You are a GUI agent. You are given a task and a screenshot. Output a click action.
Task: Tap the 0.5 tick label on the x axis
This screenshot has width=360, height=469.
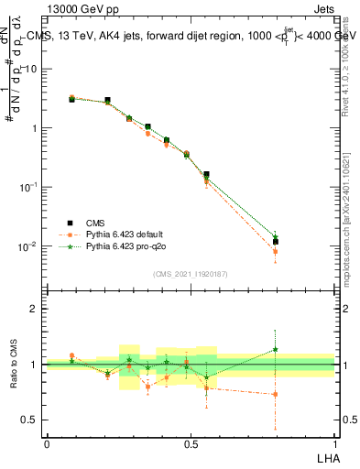pyautogui.click(x=191, y=443)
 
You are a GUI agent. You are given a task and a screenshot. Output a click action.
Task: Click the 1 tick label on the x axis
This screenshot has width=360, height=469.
pyautogui.click(x=334, y=443)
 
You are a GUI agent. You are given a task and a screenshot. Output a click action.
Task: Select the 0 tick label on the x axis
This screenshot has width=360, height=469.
pyautogui.click(x=47, y=443)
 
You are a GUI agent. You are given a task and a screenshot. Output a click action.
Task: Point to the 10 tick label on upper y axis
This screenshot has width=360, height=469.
pyautogui.click(x=31, y=69)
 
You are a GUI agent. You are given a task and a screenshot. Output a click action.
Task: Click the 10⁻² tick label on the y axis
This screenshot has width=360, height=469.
pyautogui.click(x=29, y=245)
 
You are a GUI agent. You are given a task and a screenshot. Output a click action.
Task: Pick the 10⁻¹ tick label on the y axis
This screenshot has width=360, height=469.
pyautogui.click(x=29, y=186)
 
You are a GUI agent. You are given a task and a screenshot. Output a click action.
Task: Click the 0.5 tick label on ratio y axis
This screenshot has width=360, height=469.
pyautogui.click(x=31, y=420)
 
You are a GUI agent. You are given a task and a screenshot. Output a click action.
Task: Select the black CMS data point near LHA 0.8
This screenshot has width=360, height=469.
pyautogui.click(x=275, y=242)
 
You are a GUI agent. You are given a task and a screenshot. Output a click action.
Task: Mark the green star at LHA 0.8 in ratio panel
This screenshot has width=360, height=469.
pyautogui.click(x=275, y=349)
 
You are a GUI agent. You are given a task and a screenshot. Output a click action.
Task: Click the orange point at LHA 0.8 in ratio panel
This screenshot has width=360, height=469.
pyautogui.click(x=275, y=395)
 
